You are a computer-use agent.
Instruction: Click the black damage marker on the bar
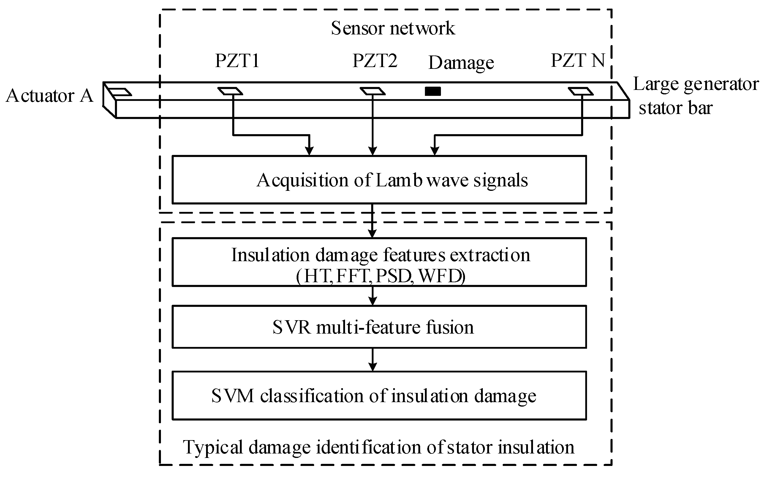coord(433,91)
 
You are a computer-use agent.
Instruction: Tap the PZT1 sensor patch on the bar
coord(230,91)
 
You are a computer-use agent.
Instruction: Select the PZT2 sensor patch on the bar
coord(373,91)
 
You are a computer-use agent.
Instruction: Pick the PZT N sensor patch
coord(580,91)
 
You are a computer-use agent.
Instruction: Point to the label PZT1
coord(237,61)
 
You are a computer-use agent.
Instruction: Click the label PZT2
coord(374,61)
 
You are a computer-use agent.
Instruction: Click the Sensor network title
coord(393,28)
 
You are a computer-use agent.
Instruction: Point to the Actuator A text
coord(50,96)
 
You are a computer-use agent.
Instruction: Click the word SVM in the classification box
coord(232,396)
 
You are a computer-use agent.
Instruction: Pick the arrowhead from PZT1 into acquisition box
coord(309,151)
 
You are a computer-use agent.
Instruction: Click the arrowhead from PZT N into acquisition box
coord(435,151)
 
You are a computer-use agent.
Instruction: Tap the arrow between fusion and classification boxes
coord(373,360)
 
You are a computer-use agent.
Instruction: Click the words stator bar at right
coord(675,108)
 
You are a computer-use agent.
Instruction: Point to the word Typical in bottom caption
coord(213,448)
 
